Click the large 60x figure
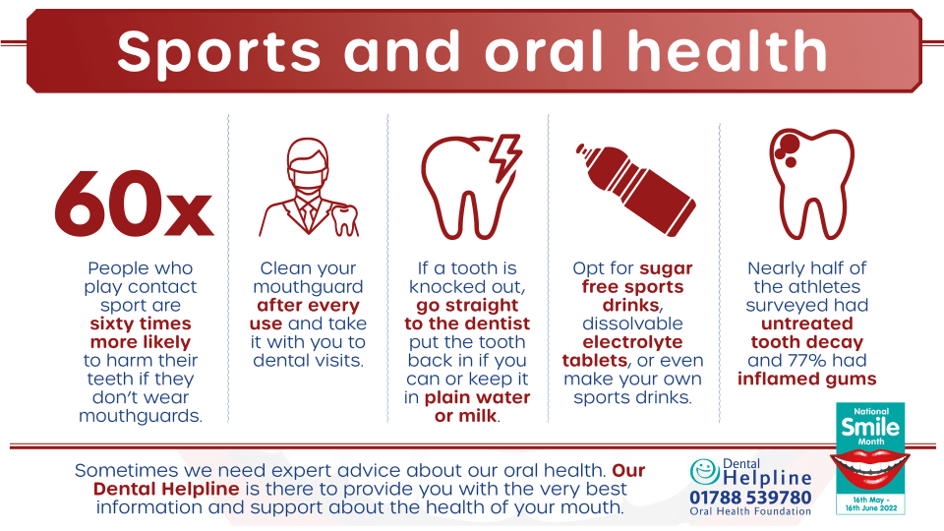coord(134,205)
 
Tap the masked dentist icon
coord(308,188)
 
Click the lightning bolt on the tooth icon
coord(504,158)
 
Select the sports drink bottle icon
coord(635,189)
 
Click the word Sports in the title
coord(219,52)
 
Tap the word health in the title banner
coord(728,50)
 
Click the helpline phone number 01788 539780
coord(750,498)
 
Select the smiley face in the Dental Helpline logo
coord(704,471)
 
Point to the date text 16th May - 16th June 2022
coord(870,503)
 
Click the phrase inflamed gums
coord(806,379)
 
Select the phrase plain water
coord(478,397)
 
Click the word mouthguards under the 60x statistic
coord(141,416)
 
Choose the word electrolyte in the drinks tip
coord(632,342)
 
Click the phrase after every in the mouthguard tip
coord(308,305)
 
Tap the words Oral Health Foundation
coord(750,511)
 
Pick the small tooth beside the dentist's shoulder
coord(345,220)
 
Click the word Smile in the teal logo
coord(870,427)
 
